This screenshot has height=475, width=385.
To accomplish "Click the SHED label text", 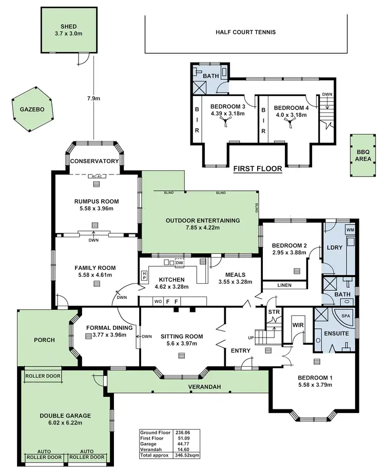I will (69, 28).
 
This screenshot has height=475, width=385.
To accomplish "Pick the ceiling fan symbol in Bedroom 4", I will (291, 121).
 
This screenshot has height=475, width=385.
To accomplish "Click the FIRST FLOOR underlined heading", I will (258, 168).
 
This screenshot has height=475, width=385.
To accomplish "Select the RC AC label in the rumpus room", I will (95, 177).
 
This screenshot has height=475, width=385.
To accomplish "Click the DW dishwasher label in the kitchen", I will (179, 263).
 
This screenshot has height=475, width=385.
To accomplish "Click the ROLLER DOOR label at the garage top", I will (42, 375).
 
